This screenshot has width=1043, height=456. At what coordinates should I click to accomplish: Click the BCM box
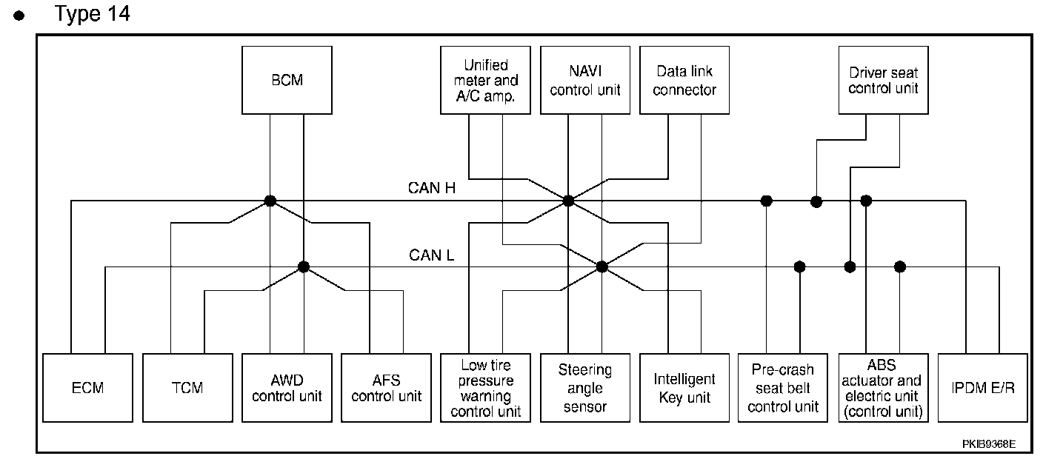click(287, 80)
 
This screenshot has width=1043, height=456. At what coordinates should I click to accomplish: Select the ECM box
click(87, 387)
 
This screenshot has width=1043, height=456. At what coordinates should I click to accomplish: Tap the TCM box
click(187, 387)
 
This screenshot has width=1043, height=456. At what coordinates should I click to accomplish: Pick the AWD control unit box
click(287, 387)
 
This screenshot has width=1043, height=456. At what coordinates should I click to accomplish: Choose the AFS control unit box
click(386, 387)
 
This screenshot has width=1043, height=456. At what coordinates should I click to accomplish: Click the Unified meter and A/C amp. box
click(486, 80)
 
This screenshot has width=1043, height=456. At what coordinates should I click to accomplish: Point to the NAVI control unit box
click(585, 80)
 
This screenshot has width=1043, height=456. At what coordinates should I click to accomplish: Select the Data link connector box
click(684, 80)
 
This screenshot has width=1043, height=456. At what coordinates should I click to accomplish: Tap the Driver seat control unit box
click(884, 80)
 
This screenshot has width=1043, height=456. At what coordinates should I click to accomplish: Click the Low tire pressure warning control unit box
click(486, 387)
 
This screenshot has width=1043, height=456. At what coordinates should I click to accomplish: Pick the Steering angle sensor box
click(585, 387)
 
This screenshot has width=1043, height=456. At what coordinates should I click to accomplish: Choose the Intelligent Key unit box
click(684, 387)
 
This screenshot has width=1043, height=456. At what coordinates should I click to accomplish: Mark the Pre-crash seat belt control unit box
click(784, 387)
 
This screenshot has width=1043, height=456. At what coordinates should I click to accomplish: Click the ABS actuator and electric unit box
click(884, 387)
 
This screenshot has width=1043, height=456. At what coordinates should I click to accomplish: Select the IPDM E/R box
click(983, 387)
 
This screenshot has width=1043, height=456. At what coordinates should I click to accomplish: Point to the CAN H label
click(432, 188)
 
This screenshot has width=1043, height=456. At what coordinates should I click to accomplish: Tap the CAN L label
click(432, 255)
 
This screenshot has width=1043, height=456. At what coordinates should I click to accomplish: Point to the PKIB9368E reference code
click(989, 444)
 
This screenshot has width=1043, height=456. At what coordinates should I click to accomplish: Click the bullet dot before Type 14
click(27, 16)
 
